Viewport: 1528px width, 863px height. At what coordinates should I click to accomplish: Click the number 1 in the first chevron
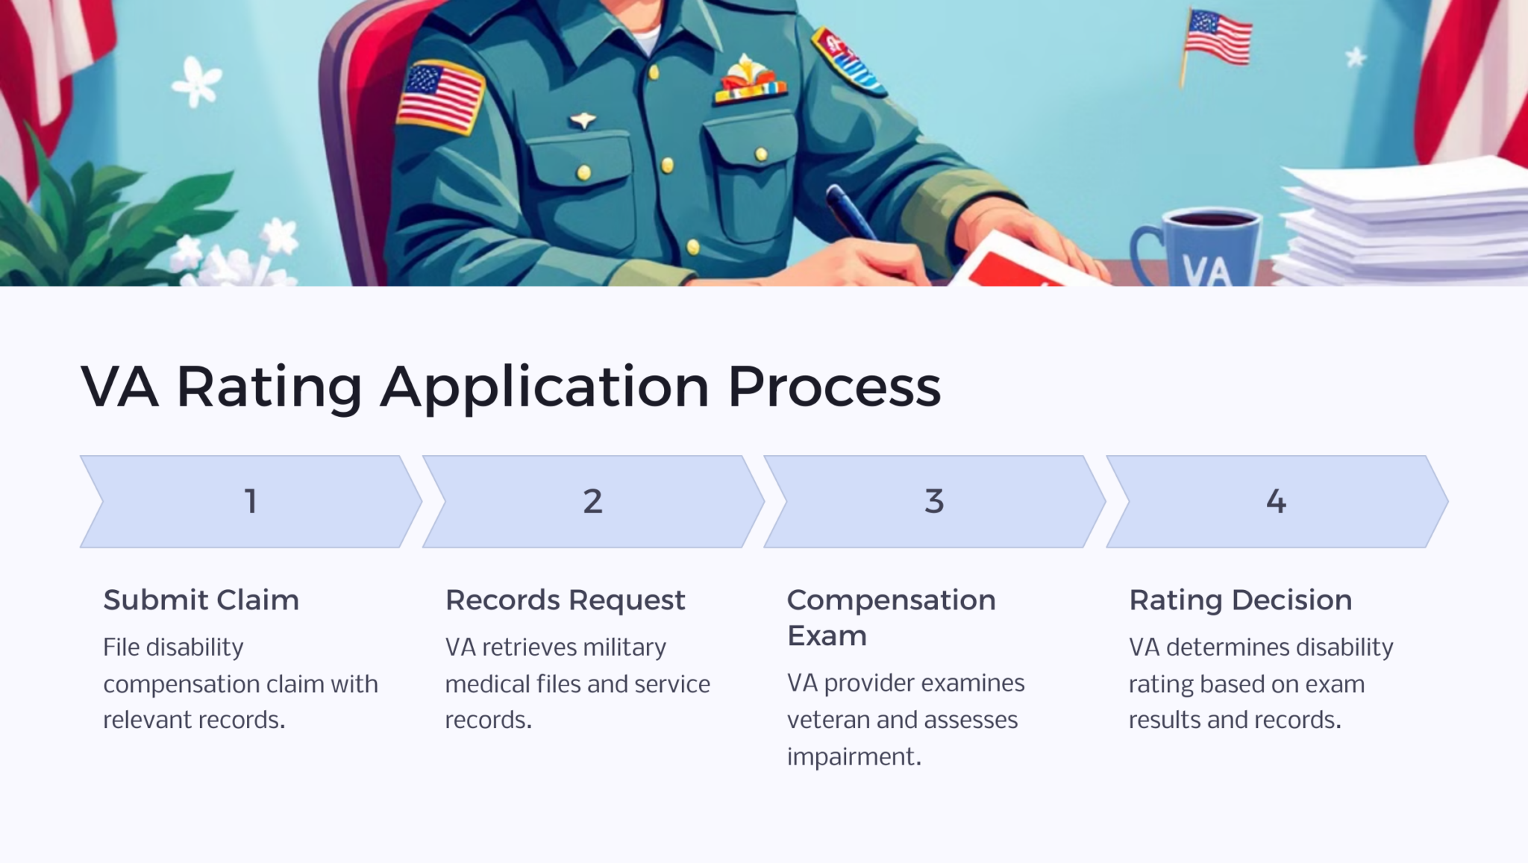[x=251, y=501]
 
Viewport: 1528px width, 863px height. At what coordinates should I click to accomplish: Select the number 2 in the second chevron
[x=592, y=501]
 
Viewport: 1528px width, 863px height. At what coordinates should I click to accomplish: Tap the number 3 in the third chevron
[x=934, y=501]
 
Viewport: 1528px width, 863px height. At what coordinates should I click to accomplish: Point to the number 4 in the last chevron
[x=1276, y=501]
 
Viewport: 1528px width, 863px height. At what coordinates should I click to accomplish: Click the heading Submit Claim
[x=201, y=600]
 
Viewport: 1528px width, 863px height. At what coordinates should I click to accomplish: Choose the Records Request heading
[x=565, y=600]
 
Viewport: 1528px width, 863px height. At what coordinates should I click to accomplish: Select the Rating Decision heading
[x=1240, y=600]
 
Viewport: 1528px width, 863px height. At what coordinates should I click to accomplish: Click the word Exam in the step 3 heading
[x=827, y=636]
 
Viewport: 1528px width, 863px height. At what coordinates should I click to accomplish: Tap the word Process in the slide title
[x=834, y=386]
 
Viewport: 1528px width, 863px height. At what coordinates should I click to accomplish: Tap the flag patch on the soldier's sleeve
[x=439, y=97]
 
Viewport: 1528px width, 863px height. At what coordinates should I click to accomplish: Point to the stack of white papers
[x=1403, y=224]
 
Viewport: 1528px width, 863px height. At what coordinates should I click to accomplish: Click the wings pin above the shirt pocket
[x=583, y=120]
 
